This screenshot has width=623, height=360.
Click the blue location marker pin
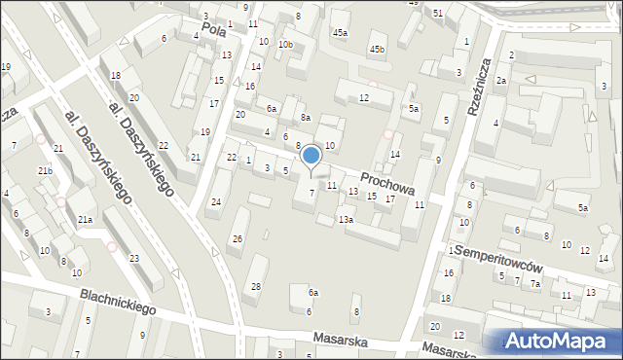[311, 156]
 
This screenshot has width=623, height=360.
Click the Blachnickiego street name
[119, 305]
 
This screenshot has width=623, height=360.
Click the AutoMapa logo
[561, 341]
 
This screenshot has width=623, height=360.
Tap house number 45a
[340, 33]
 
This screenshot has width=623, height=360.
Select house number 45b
[377, 49]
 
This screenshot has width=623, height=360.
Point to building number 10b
[285, 45]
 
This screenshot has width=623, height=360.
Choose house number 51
[438, 13]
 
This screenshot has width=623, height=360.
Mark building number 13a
[346, 220]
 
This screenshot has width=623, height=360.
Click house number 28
[256, 286]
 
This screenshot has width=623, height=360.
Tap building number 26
[237, 239]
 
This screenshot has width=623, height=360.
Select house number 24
[216, 201]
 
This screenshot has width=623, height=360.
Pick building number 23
[133, 258]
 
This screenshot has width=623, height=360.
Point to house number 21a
[86, 220]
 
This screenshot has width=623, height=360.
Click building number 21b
[45, 171]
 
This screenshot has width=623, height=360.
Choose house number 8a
[305, 118]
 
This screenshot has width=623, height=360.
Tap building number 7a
[535, 283]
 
